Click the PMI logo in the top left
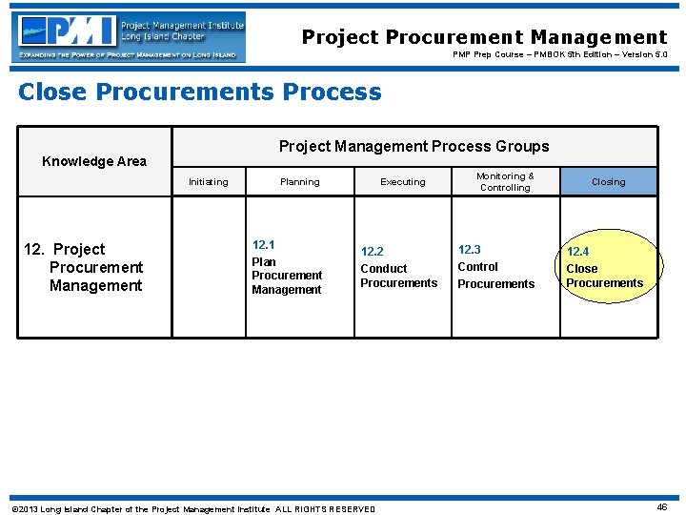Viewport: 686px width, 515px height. (x=130, y=37)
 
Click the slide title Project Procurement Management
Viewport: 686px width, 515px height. (x=484, y=37)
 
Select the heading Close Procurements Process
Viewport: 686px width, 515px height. (x=200, y=93)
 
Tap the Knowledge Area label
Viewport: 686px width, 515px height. (x=94, y=161)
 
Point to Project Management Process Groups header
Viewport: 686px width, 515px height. (x=414, y=146)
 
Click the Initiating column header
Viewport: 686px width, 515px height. (x=208, y=182)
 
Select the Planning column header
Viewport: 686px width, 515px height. (x=300, y=182)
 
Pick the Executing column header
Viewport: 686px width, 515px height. (x=403, y=182)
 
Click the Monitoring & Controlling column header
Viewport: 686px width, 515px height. (x=505, y=182)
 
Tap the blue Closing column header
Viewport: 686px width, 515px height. (x=609, y=182)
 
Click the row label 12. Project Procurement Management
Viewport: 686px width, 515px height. (x=84, y=268)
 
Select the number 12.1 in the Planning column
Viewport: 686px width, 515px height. (x=264, y=245)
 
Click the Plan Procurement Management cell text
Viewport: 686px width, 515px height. (x=287, y=276)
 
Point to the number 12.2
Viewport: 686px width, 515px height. (x=372, y=252)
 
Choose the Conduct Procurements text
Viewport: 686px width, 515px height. (x=398, y=276)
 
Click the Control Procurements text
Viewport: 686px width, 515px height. (x=495, y=276)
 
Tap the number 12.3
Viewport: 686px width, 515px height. (x=469, y=250)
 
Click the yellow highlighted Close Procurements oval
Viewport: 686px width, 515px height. (x=606, y=268)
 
